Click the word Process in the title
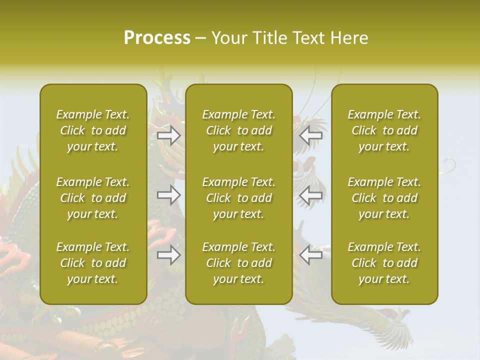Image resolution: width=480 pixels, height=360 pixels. (157, 38)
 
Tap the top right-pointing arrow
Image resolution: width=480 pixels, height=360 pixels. (168, 135)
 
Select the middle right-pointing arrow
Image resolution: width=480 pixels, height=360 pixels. (168, 195)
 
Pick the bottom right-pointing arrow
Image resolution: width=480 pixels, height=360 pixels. (168, 255)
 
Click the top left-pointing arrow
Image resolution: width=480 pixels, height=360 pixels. (310, 135)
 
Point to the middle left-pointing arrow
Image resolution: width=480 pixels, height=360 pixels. (310, 195)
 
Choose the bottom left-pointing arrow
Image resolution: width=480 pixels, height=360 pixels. (310, 255)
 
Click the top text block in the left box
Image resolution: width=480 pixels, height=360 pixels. (93, 130)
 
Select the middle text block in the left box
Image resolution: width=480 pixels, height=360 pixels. (93, 198)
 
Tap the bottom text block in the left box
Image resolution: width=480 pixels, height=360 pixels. (93, 263)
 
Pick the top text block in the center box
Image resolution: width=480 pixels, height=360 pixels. (238, 130)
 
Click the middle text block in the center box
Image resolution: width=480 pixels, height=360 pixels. (238, 198)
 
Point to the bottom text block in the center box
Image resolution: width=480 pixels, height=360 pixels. (238, 263)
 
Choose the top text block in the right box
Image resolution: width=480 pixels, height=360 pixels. (384, 130)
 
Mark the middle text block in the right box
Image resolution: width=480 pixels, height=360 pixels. (384, 198)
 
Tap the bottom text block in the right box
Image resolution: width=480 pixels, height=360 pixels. (384, 263)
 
